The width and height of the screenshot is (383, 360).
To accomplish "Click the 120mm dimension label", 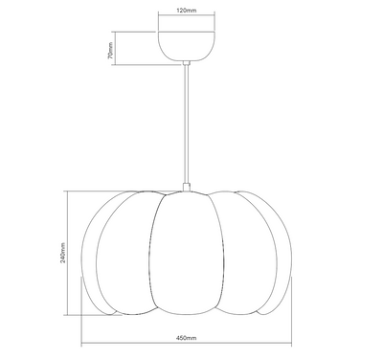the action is [187, 11].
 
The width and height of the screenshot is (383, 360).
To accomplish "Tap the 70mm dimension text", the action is [110, 51].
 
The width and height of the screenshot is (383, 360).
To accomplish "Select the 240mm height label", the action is [63, 253].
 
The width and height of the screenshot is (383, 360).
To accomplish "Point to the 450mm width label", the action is [187, 338].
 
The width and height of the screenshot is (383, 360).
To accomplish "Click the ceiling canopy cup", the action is [187, 46].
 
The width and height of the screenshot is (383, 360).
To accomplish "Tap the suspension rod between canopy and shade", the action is [187, 124].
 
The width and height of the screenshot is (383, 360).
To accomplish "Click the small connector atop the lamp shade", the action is [187, 187].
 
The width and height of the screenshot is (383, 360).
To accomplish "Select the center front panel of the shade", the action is [187, 253].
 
